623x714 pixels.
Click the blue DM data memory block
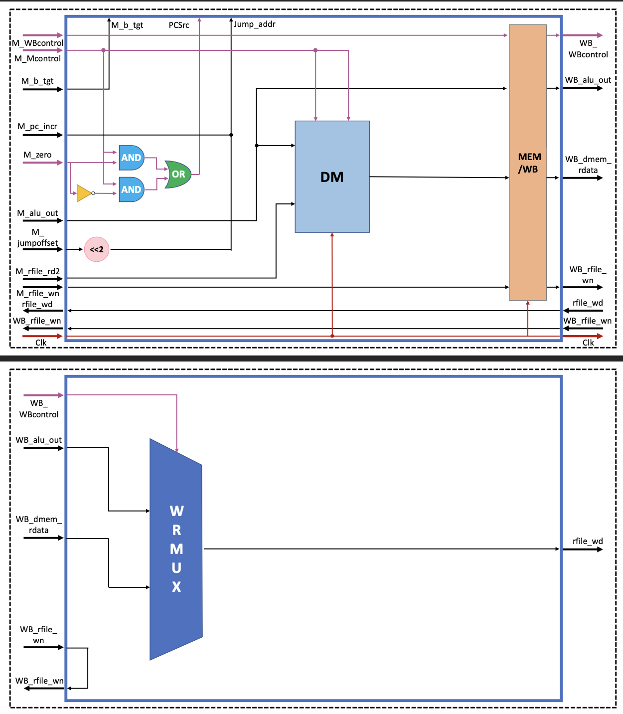[332, 177]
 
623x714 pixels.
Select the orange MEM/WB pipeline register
[527, 163]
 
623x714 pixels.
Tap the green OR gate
[178, 174]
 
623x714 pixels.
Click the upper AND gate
[131, 158]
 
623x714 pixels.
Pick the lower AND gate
[131, 189]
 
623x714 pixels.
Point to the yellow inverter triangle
[84, 193]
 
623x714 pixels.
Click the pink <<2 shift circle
[97, 249]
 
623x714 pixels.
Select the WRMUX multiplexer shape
[176, 548]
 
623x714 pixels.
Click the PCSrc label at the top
[179, 25]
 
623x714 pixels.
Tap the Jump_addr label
[255, 24]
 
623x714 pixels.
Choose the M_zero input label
[37, 155]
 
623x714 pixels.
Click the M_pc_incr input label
[37, 126]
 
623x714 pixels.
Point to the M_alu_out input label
[37, 213]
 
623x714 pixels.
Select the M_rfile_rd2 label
[37, 271]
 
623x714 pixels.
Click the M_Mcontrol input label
[37, 58]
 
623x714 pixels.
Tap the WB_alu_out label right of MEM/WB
[588, 80]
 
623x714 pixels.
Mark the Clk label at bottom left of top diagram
[41, 343]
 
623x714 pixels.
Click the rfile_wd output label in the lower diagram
[588, 541]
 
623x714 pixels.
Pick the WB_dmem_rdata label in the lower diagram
[38, 525]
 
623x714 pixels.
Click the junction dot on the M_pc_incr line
[231, 135]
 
